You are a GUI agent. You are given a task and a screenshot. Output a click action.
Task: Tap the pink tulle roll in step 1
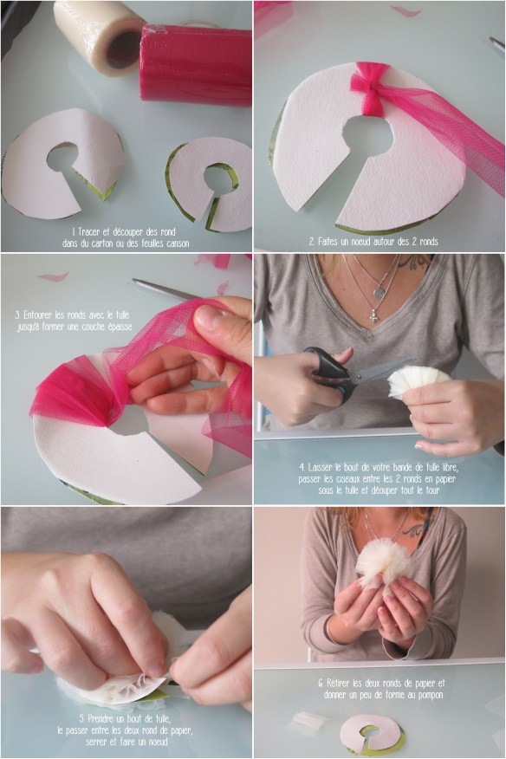click(196, 65)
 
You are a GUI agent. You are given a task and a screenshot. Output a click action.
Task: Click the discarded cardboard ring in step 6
click(372, 734)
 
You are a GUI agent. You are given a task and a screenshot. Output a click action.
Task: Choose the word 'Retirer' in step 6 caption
click(339, 683)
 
